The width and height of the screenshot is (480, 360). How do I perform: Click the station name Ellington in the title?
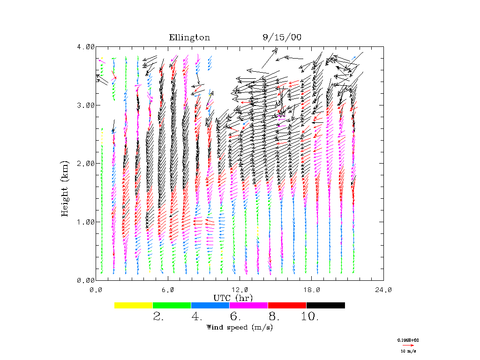189,38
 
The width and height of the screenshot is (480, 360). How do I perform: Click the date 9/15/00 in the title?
282,38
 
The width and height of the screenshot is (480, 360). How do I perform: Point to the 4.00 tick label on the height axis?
86,47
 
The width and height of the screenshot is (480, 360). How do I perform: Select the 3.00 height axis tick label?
86,105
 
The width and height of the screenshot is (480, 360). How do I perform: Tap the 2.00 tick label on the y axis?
86,164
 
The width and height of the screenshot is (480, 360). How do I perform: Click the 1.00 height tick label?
86,222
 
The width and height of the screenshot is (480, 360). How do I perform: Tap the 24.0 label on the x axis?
383,290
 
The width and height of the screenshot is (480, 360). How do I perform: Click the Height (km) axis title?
65,188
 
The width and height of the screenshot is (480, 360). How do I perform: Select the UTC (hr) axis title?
233,298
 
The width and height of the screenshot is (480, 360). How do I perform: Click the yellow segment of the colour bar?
134,305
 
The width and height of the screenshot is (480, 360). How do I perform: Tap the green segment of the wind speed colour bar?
172,305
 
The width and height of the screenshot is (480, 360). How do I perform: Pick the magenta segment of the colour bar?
248,305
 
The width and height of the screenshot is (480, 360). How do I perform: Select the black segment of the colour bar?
325,305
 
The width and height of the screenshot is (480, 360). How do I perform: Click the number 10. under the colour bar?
309,317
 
